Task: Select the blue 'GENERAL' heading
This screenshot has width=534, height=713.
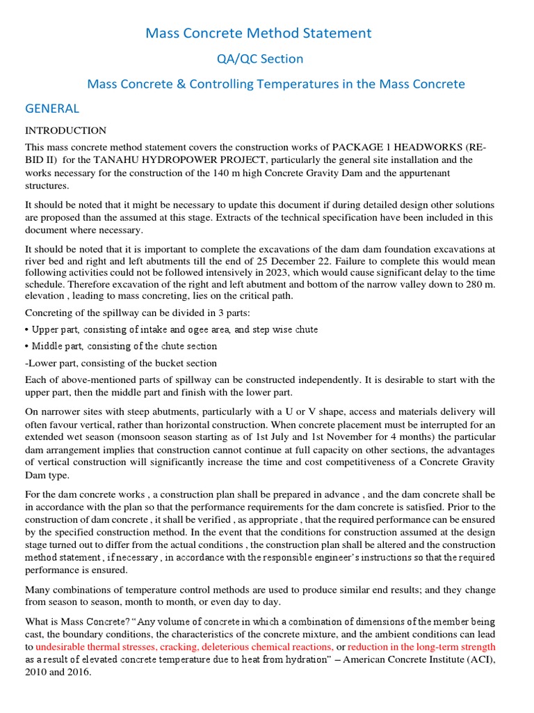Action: click(52, 109)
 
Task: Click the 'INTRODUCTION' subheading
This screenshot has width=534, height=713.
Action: click(65, 130)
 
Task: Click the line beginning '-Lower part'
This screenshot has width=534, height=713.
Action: click(120, 363)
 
